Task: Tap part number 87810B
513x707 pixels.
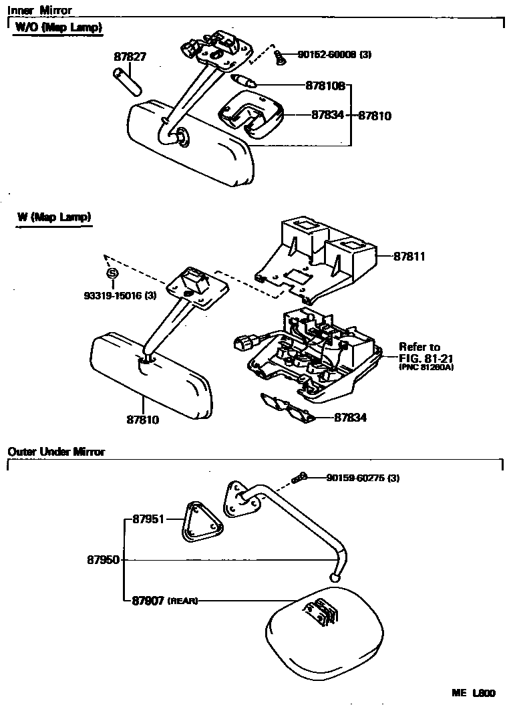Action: (x=325, y=86)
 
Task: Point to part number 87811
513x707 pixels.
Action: (x=409, y=256)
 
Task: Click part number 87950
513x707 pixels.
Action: (x=103, y=559)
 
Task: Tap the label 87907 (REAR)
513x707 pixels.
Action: (x=160, y=601)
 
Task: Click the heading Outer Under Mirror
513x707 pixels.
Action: (x=56, y=452)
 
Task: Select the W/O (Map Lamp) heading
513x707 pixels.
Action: (x=59, y=28)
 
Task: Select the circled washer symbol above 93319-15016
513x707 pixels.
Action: (x=112, y=273)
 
